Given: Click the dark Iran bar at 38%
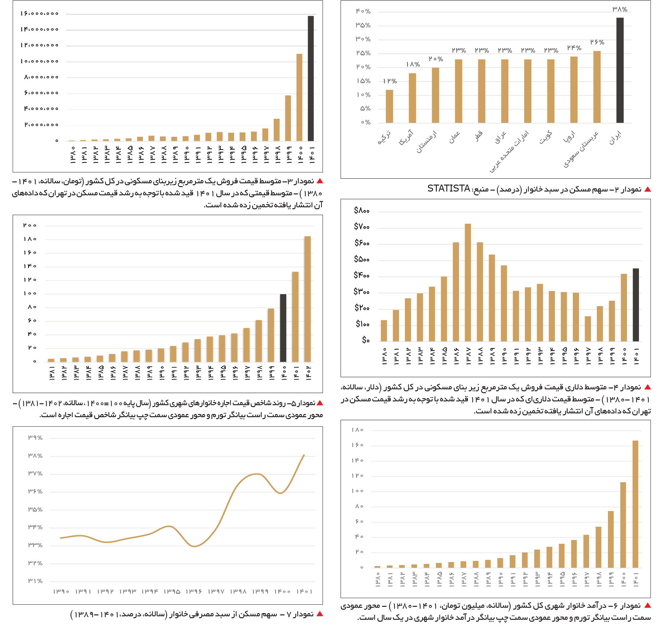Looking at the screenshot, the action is click(x=620, y=70).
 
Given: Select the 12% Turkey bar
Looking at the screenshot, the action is click(x=389, y=107).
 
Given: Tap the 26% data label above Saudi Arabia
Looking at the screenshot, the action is click(x=597, y=42).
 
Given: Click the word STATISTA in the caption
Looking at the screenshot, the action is click(x=449, y=188).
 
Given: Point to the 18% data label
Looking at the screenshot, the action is click(x=413, y=64).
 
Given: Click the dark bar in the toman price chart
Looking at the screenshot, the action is click(x=311, y=78).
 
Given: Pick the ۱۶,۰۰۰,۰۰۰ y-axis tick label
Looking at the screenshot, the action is click(x=40, y=14).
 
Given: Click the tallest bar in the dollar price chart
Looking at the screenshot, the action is click(x=468, y=283).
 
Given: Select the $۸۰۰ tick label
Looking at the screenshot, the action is click(x=362, y=210).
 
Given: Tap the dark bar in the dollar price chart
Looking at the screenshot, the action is click(x=635, y=305).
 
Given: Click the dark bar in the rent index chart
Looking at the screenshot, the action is click(x=283, y=328).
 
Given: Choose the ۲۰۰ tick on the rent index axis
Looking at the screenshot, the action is click(x=30, y=225).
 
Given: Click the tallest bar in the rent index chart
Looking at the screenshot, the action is click(x=307, y=299).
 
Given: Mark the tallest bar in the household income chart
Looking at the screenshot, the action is click(x=635, y=504).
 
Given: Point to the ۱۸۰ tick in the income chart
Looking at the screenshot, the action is click(x=357, y=430).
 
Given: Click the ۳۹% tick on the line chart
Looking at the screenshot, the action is click(x=35, y=438).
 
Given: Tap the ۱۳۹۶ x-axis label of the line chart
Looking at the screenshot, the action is click(x=194, y=592).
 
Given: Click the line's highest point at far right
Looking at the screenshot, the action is click(x=304, y=454).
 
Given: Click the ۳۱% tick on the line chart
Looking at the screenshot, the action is click(x=35, y=581).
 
